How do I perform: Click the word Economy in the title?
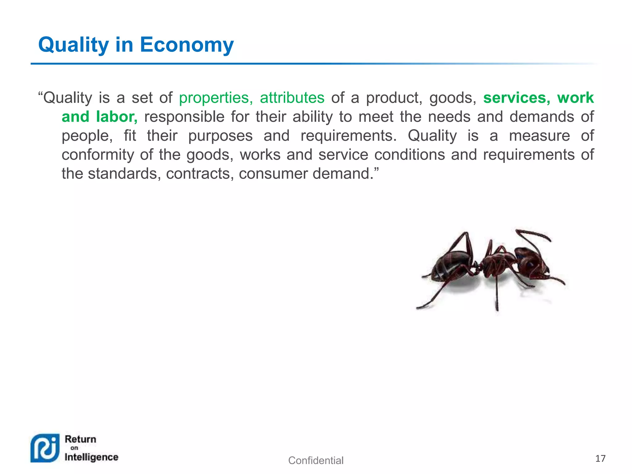pyautogui.click(x=187, y=45)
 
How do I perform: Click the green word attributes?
pyautogui.click(x=292, y=98)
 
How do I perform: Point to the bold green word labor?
pyautogui.click(x=116, y=117)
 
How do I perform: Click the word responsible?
pyautogui.click(x=184, y=117)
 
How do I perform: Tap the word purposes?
pyautogui.click(x=220, y=136)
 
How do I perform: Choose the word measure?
pyautogui.click(x=539, y=136)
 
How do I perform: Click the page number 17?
pyautogui.click(x=600, y=459)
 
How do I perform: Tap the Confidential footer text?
pyautogui.click(x=316, y=460)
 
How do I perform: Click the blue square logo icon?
pyautogui.click(x=45, y=448)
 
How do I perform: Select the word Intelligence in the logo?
pyautogui.click(x=91, y=457)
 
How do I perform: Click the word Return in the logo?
pyautogui.click(x=81, y=439)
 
